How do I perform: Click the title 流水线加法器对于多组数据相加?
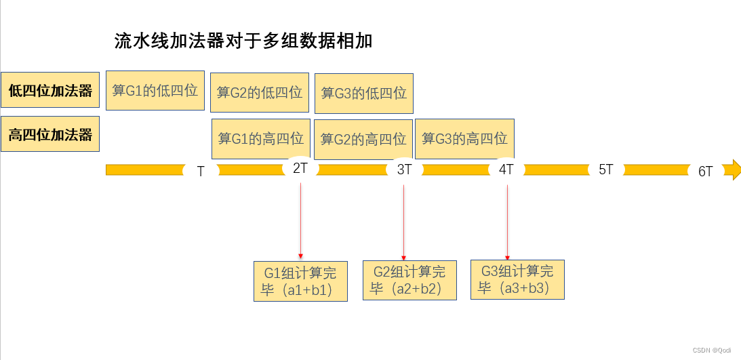(x=243, y=41)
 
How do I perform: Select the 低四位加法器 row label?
(x=50, y=91)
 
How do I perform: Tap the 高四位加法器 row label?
(x=50, y=134)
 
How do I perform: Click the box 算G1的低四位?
(x=155, y=90)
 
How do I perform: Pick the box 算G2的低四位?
(x=260, y=92)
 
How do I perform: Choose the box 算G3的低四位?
(x=364, y=93)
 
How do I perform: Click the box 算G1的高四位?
(x=261, y=139)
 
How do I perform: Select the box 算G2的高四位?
(x=363, y=140)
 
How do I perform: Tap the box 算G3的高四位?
(x=464, y=138)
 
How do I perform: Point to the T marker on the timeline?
(x=201, y=172)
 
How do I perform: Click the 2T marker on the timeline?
(x=300, y=168)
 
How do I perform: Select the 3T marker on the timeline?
(x=404, y=169)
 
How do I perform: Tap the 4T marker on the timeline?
(x=506, y=169)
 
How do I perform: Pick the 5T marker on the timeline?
(x=605, y=169)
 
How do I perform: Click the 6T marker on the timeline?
(x=705, y=172)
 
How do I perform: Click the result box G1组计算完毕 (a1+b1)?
(x=300, y=281)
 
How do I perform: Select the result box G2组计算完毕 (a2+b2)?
(x=409, y=280)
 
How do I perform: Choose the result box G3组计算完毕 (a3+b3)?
(x=517, y=279)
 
